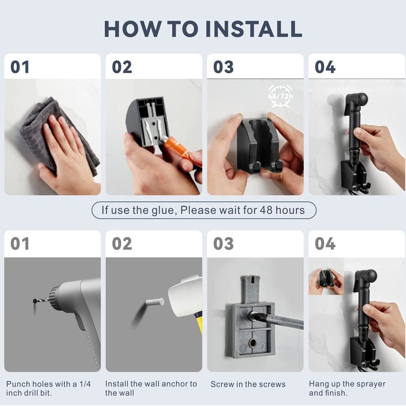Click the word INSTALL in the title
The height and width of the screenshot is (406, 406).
pyautogui.click(x=254, y=29)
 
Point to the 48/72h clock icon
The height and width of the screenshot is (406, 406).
pyautogui.click(x=281, y=96)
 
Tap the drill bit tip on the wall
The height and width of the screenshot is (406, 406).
pyautogui.click(x=35, y=301)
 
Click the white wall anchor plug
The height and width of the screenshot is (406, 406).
pyautogui.click(x=155, y=302)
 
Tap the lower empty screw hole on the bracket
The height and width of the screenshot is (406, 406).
pyautogui.click(x=253, y=343)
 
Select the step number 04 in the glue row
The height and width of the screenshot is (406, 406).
pyautogui.click(x=325, y=67)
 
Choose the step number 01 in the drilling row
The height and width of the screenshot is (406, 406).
pyautogui.click(x=19, y=244)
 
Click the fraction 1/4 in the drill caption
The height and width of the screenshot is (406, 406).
pyautogui.click(x=85, y=384)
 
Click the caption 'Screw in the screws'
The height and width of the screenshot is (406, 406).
pyautogui.click(x=248, y=384)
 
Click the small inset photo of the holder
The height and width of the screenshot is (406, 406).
pyautogui.click(x=326, y=276)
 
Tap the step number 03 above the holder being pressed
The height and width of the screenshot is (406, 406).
pyautogui.click(x=223, y=67)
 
